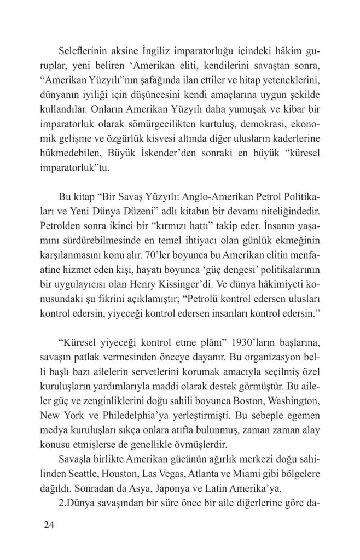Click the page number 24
(x=49, y=526)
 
